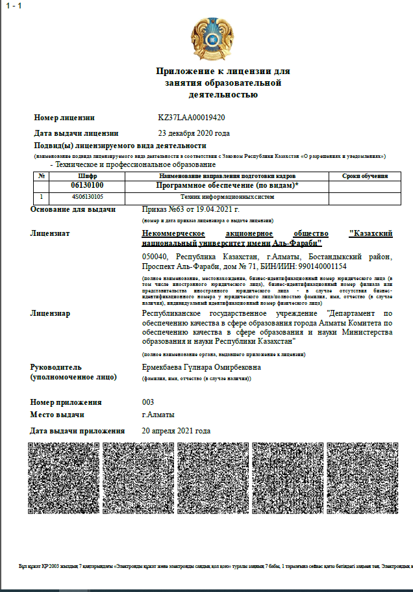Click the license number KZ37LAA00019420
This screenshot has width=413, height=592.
pyautogui.click(x=192, y=118)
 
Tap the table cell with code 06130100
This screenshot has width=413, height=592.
pyautogui.click(x=87, y=186)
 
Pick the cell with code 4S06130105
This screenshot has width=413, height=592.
pyautogui.click(x=87, y=196)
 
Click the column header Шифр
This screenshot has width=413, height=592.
pyautogui.click(x=87, y=176)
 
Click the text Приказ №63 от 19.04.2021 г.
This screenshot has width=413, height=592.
pyautogui.click(x=191, y=209)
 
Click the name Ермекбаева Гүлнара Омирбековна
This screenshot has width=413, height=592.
pyautogui.click(x=202, y=367)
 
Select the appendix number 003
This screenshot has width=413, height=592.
pyautogui.click(x=148, y=402)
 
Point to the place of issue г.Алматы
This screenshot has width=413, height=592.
pyautogui.click(x=158, y=415)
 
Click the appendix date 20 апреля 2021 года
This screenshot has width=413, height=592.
pyautogui.click(x=176, y=430)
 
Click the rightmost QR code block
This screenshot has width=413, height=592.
pyautogui.click(x=361, y=478)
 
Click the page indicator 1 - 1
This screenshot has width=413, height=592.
pyautogui.click(x=13, y=5)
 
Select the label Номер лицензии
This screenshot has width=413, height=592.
pyautogui.click(x=64, y=118)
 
